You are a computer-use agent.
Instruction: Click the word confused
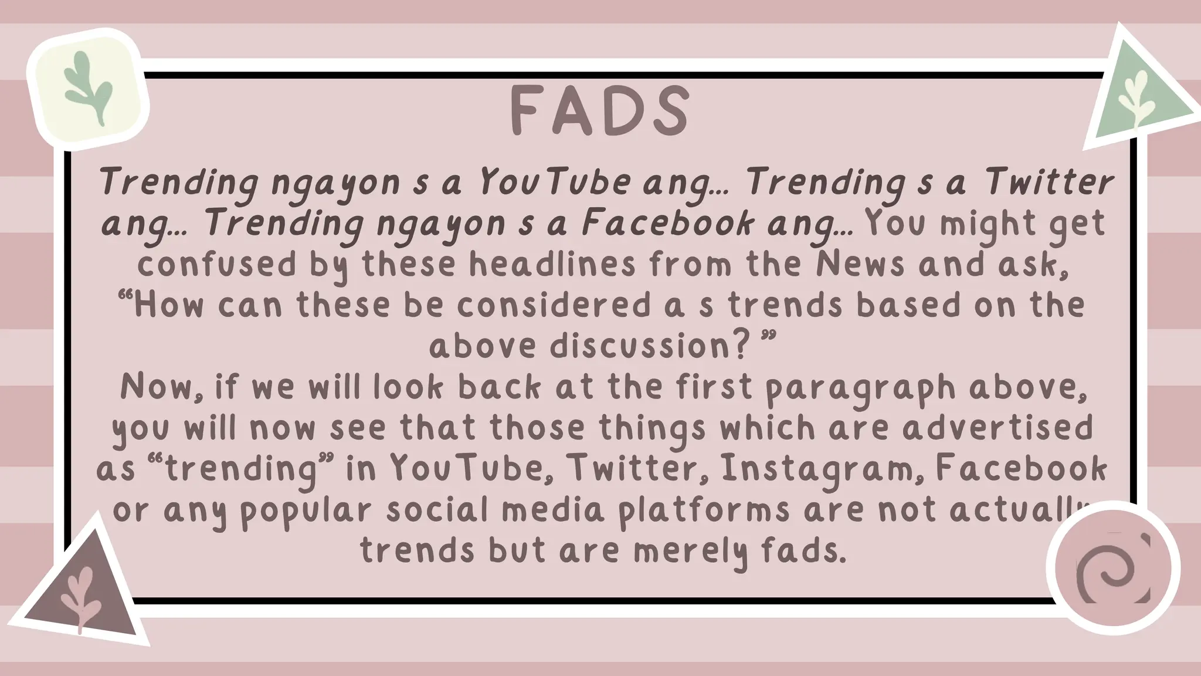[x=218, y=265]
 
